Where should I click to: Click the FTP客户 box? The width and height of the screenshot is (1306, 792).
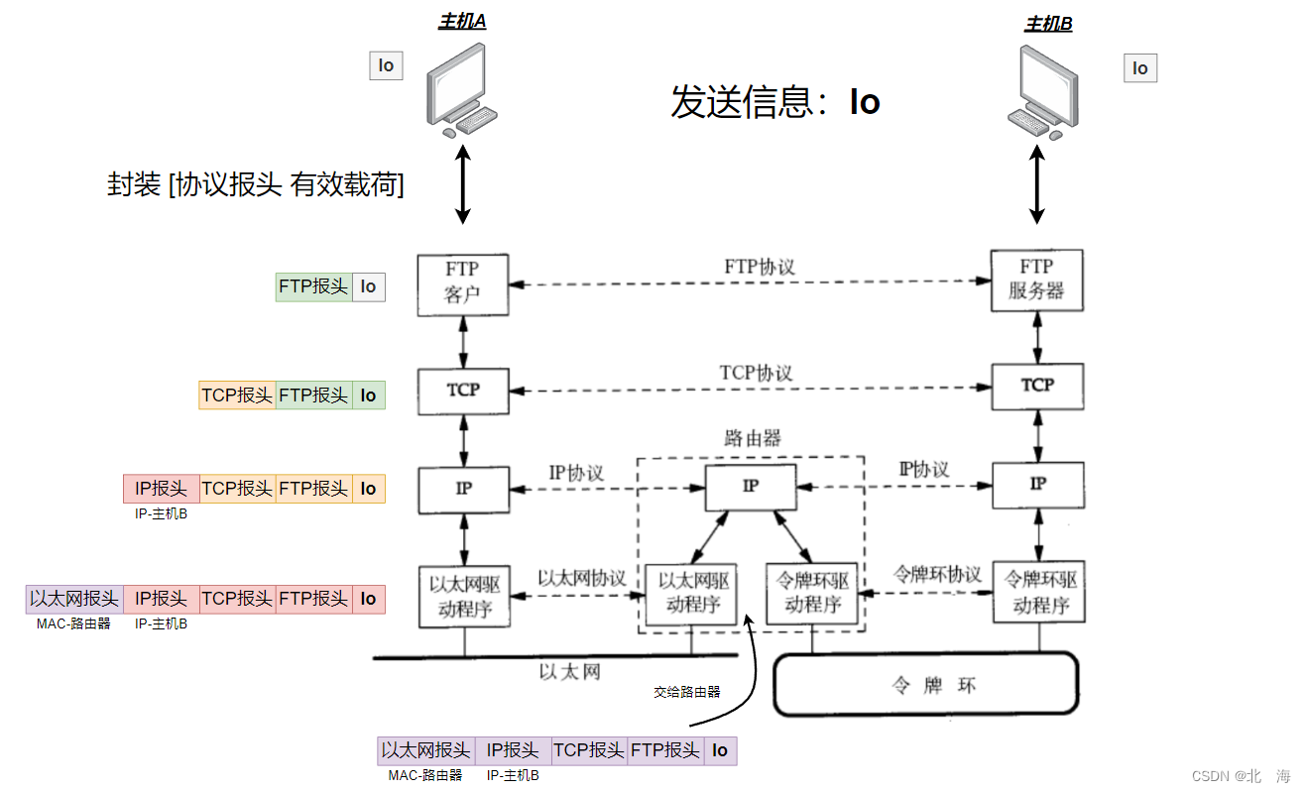click(x=463, y=284)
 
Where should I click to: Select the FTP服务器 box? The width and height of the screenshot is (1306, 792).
click(x=1036, y=280)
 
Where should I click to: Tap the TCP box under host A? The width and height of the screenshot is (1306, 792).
click(x=463, y=391)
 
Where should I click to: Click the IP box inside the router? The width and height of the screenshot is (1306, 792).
click(x=750, y=486)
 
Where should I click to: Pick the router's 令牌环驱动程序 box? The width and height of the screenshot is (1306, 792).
click(x=812, y=593)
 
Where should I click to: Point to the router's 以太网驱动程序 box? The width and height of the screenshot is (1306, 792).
click(x=691, y=594)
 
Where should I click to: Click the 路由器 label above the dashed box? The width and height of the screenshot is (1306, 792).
click(x=752, y=438)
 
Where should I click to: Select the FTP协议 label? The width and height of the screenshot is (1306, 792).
click(x=760, y=267)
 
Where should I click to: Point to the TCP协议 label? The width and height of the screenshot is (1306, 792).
click(x=756, y=373)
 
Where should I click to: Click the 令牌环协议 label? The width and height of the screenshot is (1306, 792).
click(x=937, y=574)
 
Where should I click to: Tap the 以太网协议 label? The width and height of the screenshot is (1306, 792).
click(x=582, y=578)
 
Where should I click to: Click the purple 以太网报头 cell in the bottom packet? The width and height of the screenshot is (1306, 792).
click(x=425, y=750)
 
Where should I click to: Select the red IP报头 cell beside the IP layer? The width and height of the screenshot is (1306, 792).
click(x=162, y=489)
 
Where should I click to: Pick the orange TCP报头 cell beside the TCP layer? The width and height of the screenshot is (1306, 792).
click(x=237, y=396)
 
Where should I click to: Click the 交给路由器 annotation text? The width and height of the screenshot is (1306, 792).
click(x=686, y=692)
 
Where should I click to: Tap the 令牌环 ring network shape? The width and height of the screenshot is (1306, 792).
click(x=924, y=685)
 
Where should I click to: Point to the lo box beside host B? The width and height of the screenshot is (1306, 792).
click(x=1140, y=68)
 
